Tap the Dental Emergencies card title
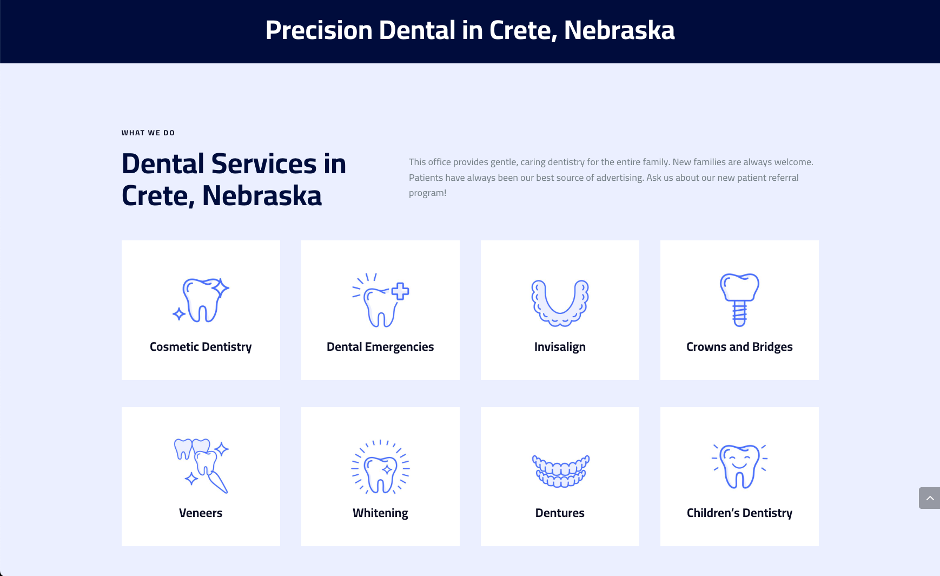tap(380, 347)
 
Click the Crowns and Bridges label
tap(739, 347)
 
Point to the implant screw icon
tap(739, 299)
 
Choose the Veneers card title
tap(201, 513)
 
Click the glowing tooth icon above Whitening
tap(380, 467)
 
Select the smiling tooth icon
tap(739, 466)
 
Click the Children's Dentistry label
tap(739, 513)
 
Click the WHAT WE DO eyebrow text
tap(148, 133)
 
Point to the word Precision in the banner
tap(319, 30)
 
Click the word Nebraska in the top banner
tap(619, 30)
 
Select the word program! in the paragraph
tap(427, 193)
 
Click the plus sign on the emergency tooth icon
tap(400, 291)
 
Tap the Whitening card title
tap(380, 513)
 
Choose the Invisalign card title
tap(560, 347)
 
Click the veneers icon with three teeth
tap(201, 466)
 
